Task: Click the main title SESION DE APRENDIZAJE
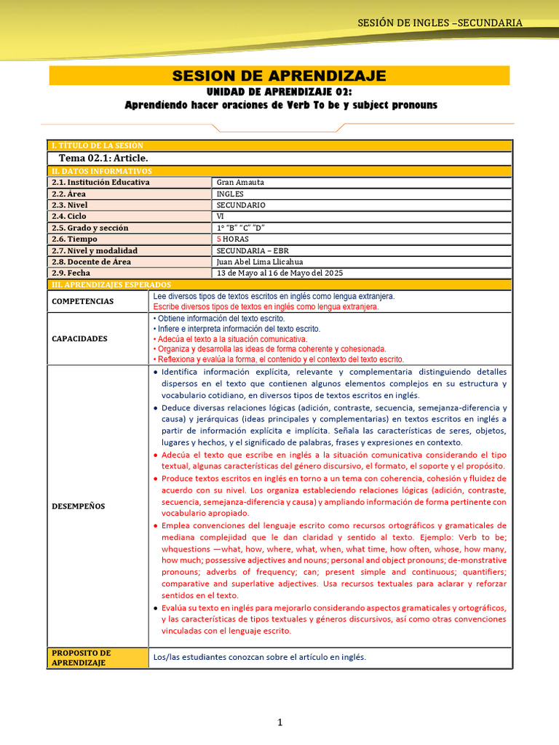tap(279, 76)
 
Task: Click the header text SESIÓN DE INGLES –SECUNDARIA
tap(440, 23)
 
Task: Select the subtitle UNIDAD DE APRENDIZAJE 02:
tap(279, 92)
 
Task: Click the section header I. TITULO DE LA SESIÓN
tap(97, 146)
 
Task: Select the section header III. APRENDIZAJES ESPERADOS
tap(110, 284)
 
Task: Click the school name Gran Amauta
tap(240, 182)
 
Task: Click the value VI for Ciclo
tap(221, 216)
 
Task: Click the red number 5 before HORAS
tap(219, 239)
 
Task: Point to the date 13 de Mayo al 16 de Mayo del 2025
tap(279, 273)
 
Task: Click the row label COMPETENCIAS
tap(82, 301)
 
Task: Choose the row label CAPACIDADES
tap(79, 338)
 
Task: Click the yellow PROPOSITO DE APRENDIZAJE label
tap(82, 658)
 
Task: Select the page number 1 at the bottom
tap(279, 722)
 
